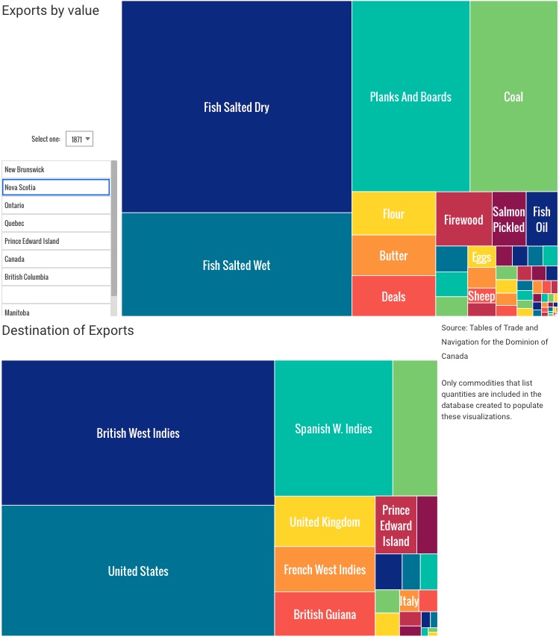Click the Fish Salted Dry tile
(237, 107)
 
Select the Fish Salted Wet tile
(237, 265)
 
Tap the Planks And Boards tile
(410, 96)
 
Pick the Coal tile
(513, 96)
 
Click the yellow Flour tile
(393, 214)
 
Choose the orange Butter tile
(393, 256)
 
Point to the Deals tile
(393, 296)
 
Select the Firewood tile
(463, 219)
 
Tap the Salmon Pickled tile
(509, 219)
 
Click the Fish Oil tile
(542, 219)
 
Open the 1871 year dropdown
(78, 139)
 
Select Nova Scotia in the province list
(56, 187)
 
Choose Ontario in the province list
(56, 205)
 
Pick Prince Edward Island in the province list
(56, 241)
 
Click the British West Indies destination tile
(138, 433)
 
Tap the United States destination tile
(138, 571)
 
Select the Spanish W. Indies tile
(333, 428)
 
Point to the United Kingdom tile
(325, 521)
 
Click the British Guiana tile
(325, 614)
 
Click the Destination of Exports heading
(68, 330)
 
